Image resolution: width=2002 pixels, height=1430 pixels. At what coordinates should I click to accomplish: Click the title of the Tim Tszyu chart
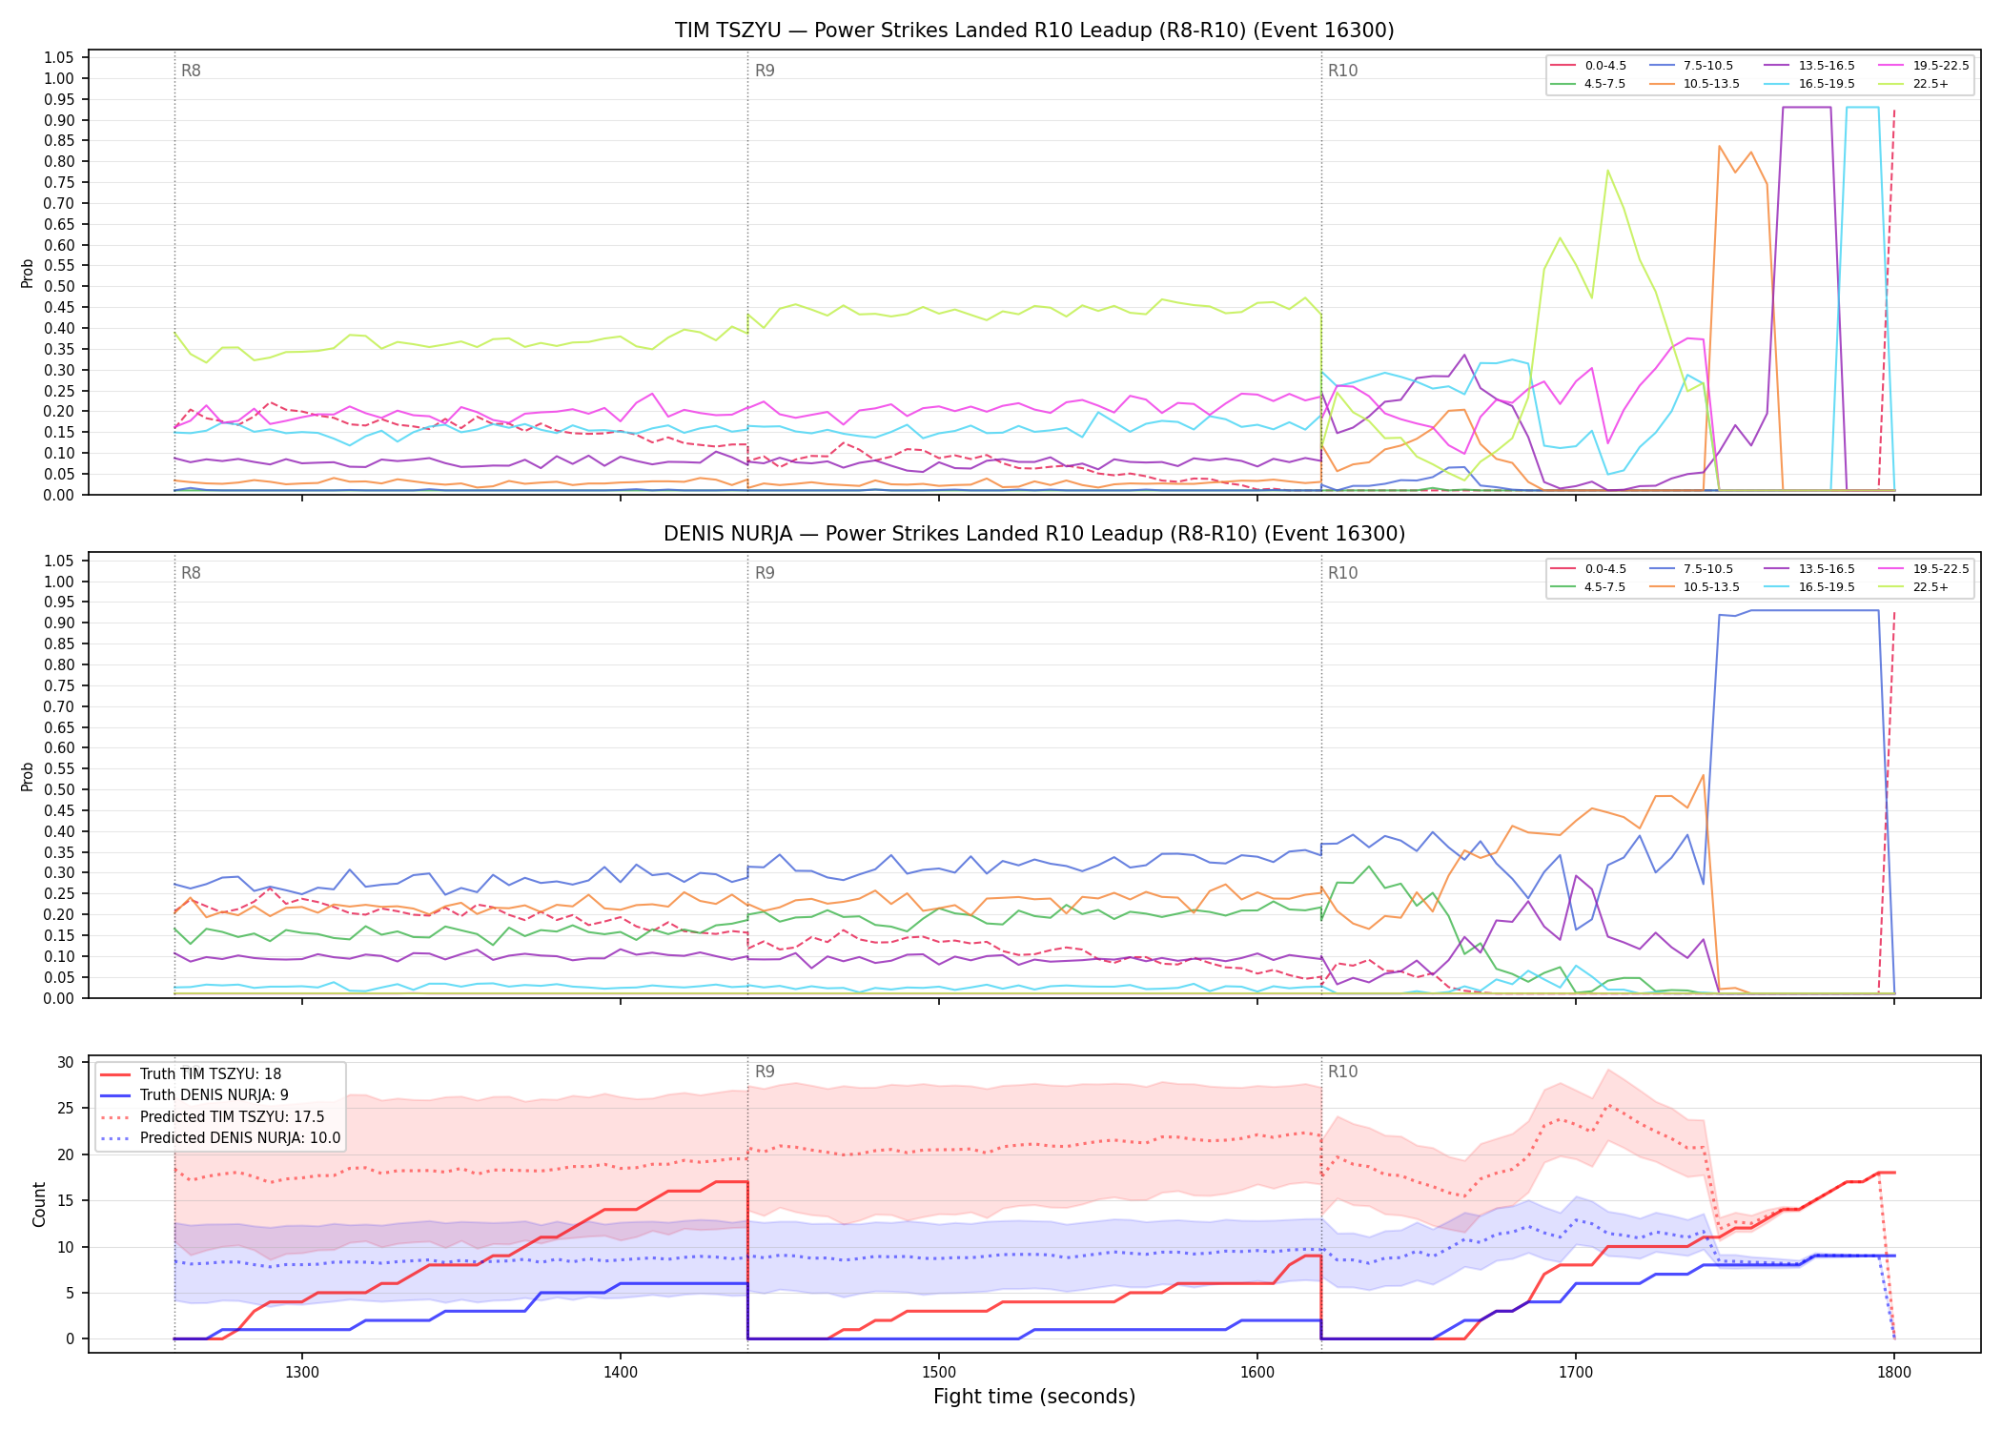(1034, 31)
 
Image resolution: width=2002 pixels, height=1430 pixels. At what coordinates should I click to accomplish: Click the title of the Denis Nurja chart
(1034, 534)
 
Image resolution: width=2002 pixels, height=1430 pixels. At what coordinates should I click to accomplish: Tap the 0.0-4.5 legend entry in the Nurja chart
(1588, 569)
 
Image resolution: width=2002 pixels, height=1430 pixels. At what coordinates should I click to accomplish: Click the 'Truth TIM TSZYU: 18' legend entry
(191, 1074)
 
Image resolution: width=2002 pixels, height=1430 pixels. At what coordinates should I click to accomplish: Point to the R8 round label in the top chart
(191, 71)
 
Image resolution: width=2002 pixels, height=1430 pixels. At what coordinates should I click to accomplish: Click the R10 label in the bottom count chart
(1342, 1072)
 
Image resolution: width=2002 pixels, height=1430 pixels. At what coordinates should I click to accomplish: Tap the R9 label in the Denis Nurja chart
(765, 573)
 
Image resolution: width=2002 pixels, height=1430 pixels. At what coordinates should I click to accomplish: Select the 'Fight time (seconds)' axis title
(1034, 1397)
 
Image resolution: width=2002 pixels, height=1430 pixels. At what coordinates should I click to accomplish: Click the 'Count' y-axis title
(39, 1204)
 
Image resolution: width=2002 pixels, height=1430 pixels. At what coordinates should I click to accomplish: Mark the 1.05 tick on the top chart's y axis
(59, 58)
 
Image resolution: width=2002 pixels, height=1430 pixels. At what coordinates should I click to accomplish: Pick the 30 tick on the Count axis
(66, 1062)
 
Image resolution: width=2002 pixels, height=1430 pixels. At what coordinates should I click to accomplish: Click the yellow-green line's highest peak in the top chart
(1607, 171)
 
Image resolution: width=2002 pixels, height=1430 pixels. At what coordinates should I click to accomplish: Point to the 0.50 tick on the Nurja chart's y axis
(59, 789)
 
